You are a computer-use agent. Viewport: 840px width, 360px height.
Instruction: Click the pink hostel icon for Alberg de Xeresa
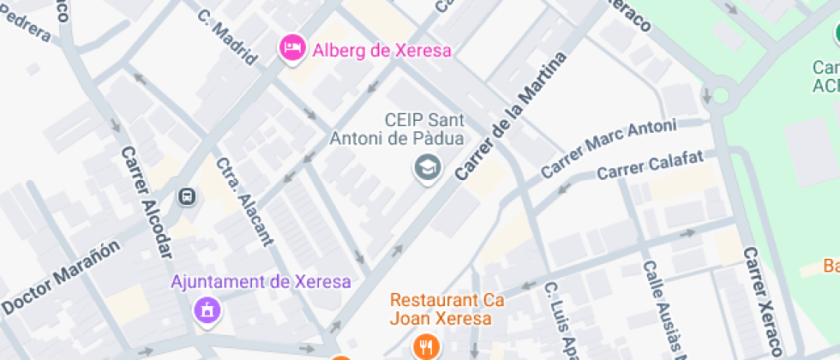click(x=293, y=49)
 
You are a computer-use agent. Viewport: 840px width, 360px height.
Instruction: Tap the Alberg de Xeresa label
click(x=381, y=50)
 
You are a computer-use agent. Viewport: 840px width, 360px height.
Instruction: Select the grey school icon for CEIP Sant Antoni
click(x=426, y=168)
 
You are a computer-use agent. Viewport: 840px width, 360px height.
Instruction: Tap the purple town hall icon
click(x=207, y=310)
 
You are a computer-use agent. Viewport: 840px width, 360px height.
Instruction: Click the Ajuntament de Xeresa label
click(x=261, y=281)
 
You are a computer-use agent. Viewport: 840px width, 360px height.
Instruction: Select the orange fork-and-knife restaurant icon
click(x=426, y=346)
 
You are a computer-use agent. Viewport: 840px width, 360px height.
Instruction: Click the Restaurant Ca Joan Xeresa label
click(x=441, y=309)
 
